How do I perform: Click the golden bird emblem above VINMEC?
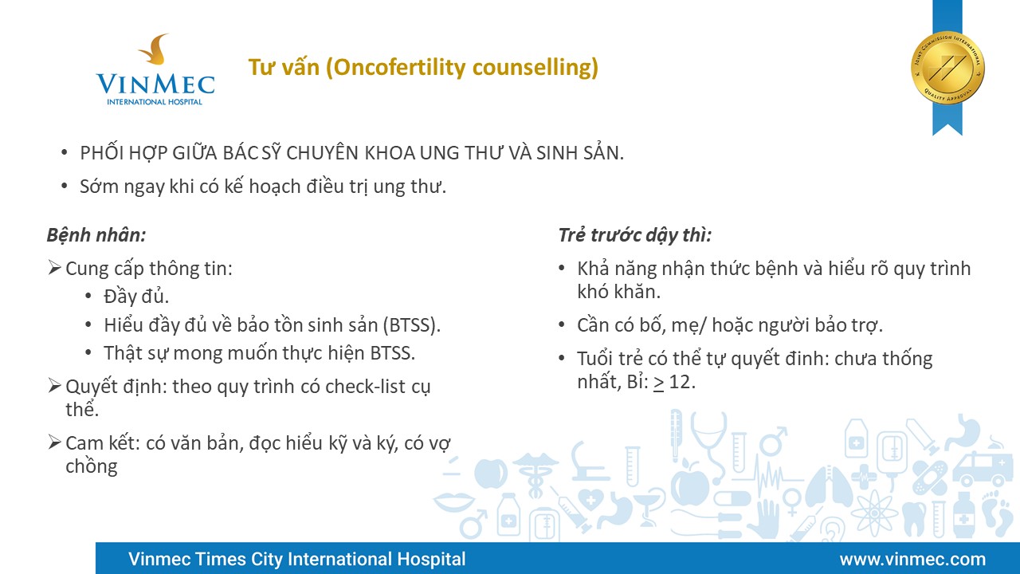155,49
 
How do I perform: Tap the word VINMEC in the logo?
155,85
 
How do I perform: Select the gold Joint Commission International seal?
947,68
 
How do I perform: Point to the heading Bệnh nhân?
96,235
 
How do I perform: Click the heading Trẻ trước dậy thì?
635,235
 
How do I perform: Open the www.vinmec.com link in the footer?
912,559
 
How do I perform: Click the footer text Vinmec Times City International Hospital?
297,559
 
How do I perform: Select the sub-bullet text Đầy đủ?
136,297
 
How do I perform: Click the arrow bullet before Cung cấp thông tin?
54,268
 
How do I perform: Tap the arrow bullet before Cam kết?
54,442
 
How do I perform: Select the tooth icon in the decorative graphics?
914,518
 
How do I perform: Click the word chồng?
92,466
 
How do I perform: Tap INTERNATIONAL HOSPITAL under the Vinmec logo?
155,102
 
